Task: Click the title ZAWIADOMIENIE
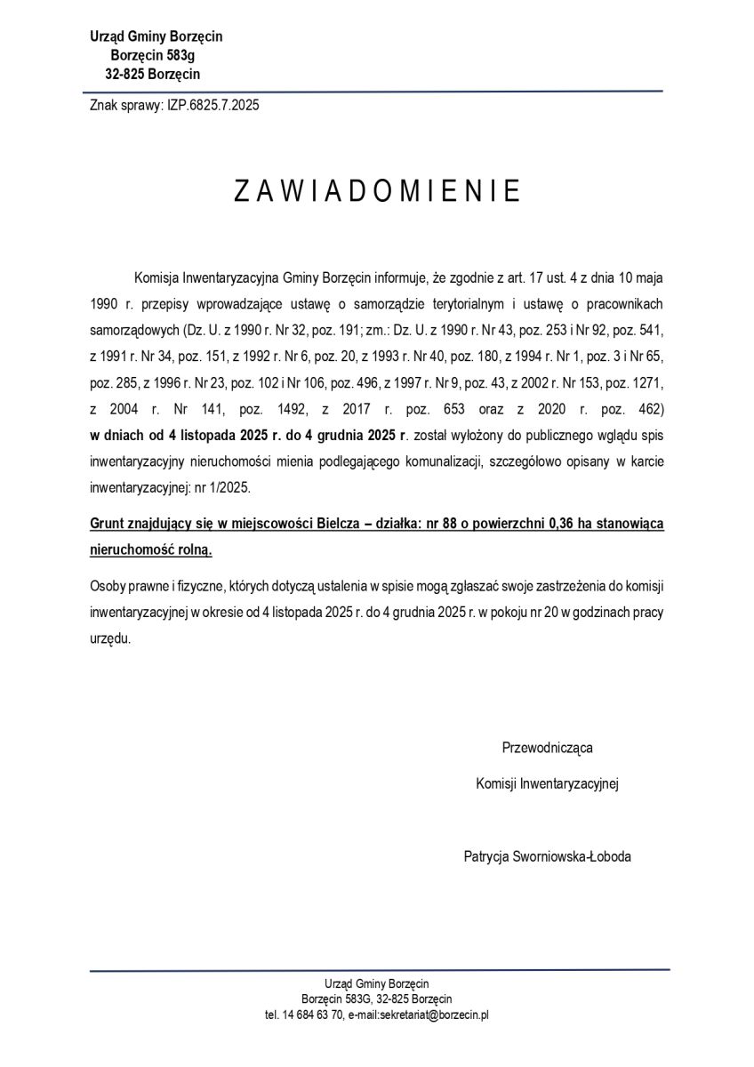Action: point(377,192)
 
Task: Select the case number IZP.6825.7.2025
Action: point(213,105)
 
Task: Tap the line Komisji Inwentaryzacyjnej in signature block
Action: point(548,783)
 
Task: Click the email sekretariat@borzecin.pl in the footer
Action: point(434,1014)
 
